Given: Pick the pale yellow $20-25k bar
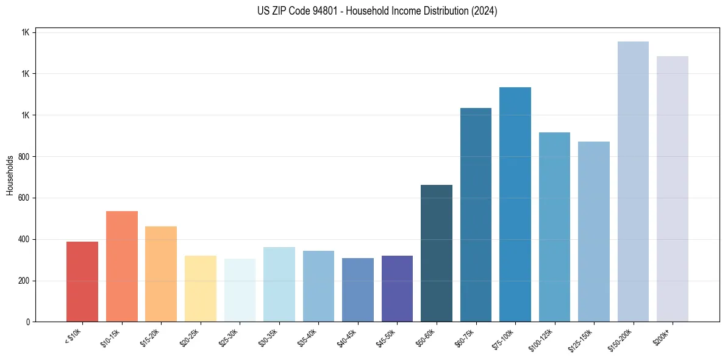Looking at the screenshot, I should tap(200, 289).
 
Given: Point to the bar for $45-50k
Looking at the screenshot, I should tap(397, 289).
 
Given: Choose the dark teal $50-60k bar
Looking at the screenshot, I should tap(437, 253).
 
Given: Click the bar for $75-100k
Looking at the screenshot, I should tap(515, 204).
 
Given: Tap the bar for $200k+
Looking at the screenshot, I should tap(673, 189).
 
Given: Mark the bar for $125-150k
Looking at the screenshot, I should tap(594, 231).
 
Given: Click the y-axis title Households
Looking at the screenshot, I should tap(10, 175).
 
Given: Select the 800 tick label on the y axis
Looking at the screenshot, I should tap(24, 156).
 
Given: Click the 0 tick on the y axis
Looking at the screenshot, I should tap(28, 322).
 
